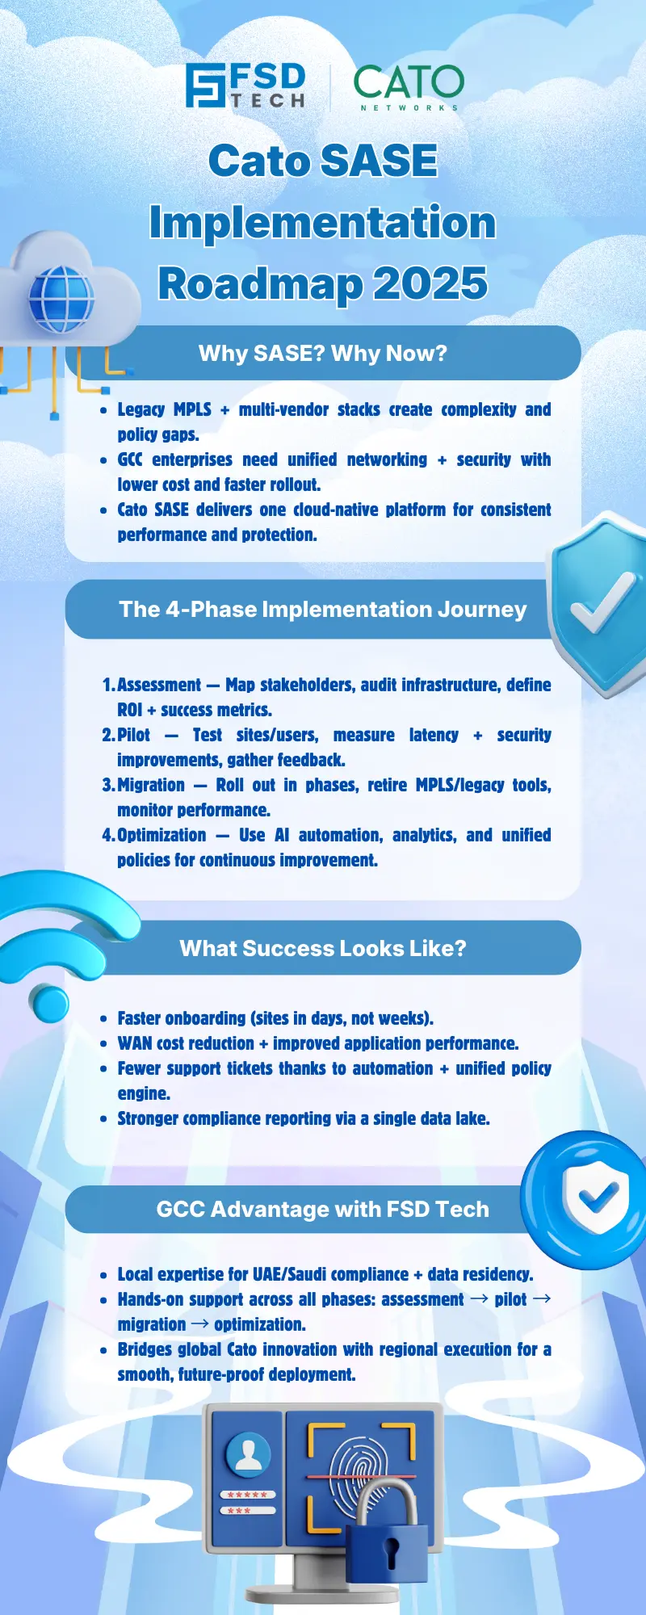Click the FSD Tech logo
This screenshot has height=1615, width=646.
[x=245, y=86]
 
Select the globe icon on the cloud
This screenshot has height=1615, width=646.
[x=61, y=300]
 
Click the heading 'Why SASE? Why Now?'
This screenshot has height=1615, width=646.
[x=322, y=354]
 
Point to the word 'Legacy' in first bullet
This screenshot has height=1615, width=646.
[x=141, y=409]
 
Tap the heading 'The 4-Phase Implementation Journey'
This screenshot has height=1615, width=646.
[x=322, y=610]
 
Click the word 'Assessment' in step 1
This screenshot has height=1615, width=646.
[x=159, y=685]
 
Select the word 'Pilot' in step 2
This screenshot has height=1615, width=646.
[x=133, y=735]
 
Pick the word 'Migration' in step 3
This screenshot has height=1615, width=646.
[x=151, y=785]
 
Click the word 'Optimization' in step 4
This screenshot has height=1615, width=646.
[x=161, y=835]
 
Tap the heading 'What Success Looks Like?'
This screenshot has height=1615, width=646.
[x=322, y=948]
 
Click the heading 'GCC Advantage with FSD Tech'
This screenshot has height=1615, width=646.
[x=322, y=1210]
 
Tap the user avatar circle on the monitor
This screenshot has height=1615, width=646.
[x=248, y=1454]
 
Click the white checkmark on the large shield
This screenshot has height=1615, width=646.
[x=602, y=602]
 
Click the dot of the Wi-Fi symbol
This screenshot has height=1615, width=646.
[x=49, y=1001]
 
